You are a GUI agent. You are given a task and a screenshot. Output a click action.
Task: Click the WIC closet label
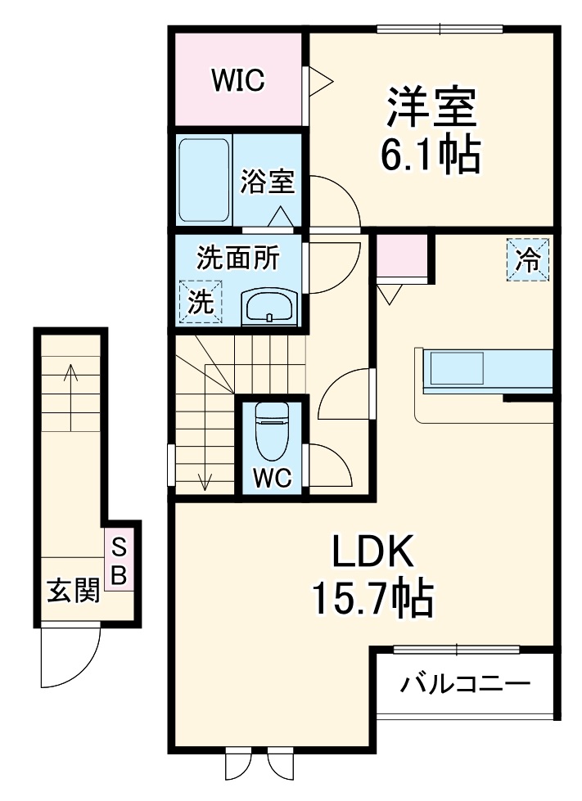point(237,80)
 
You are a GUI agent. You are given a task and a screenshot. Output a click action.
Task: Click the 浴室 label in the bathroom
point(267,182)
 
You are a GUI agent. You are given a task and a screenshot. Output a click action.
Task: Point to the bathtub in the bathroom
point(204,180)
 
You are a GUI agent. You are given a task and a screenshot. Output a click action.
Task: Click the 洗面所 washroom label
point(237,259)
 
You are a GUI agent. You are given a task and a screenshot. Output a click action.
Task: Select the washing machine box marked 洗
point(201,302)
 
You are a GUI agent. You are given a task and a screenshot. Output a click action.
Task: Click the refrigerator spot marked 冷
point(527,259)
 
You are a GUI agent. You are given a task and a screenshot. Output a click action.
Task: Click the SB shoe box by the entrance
point(120,561)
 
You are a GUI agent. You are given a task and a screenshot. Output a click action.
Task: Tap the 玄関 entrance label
point(72,590)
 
